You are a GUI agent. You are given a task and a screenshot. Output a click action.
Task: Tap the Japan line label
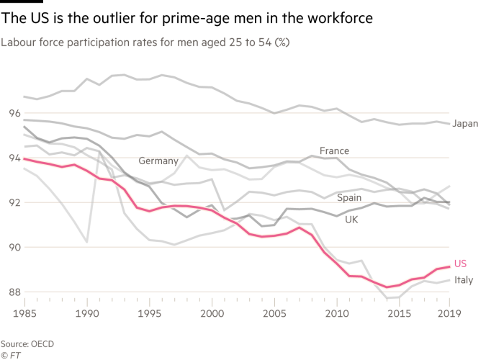point(466,124)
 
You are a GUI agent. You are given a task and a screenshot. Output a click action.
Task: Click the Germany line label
point(158,160)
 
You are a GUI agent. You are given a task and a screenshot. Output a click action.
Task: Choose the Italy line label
point(464,280)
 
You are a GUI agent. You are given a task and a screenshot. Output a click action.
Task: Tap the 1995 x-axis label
point(150,314)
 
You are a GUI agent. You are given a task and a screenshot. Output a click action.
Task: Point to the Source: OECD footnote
point(27,343)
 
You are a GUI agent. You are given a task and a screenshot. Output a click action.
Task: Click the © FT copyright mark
point(10,354)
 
